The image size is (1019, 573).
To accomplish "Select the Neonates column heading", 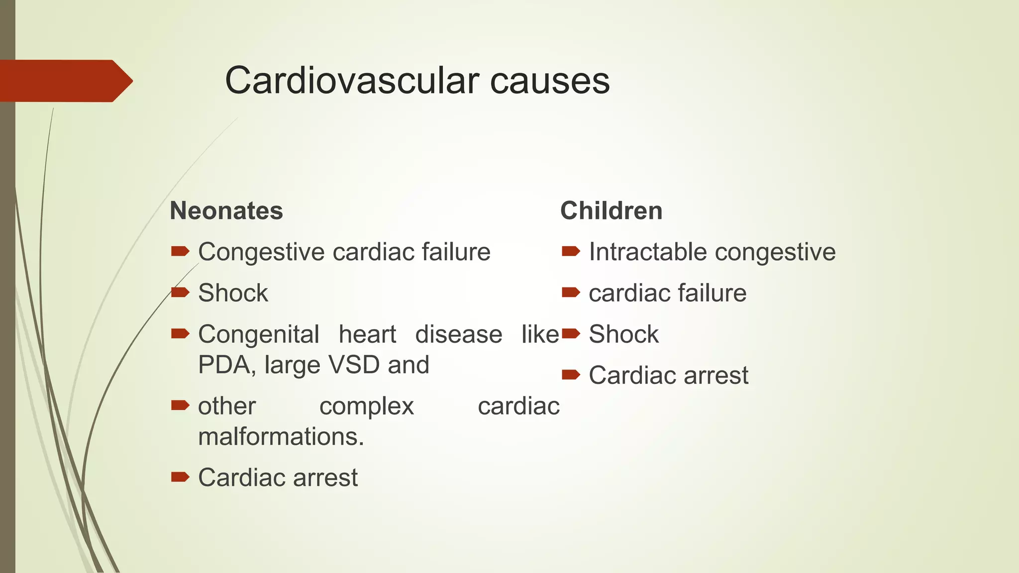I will click(226, 211).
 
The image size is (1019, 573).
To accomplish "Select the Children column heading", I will click(611, 211).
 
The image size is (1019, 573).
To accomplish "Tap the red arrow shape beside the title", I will click(65, 81).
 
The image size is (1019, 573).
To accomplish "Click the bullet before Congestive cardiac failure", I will click(180, 252).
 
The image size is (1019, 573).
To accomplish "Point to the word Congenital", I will click(259, 334).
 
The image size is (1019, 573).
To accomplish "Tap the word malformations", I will click(281, 437).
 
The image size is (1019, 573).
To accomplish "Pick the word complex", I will click(367, 406).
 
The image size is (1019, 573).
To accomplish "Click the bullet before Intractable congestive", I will click(571, 252).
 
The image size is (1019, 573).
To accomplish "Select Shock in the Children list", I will click(623, 334).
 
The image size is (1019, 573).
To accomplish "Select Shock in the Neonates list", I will click(233, 293).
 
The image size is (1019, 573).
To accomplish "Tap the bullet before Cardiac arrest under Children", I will click(571, 375).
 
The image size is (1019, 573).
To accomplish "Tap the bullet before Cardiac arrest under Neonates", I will click(180, 477).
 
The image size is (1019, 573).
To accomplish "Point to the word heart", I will click(367, 334).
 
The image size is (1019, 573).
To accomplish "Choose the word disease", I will click(459, 334).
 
